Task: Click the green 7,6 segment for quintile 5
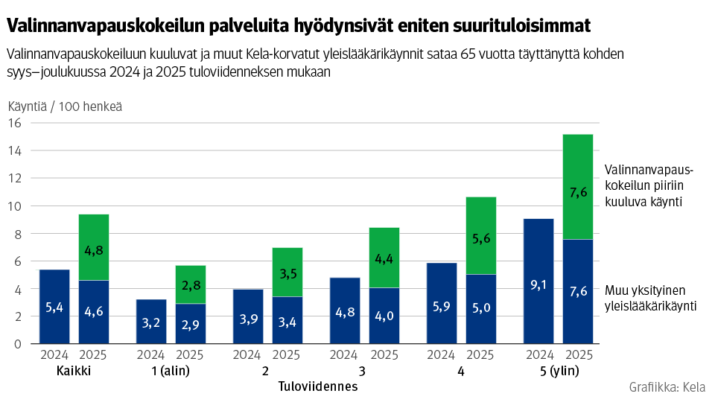[x=577, y=187]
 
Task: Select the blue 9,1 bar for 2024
[x=538, y=281]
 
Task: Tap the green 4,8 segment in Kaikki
[x=94, y=247]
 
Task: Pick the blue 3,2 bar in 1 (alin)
[x=151, y=321]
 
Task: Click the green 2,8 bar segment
[x=190, y=284]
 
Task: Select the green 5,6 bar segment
[x=480, y=235]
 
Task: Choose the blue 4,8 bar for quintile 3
[x=345, y=310]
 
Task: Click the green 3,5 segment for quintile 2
[x=287, y=272]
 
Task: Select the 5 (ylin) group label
[x=558, y=372]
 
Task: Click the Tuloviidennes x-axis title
[x=318, y=387]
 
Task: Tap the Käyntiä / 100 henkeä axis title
[x=65, y=106]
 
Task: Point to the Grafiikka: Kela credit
[x=667, y=387]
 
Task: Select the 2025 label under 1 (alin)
[x=190, y=355]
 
